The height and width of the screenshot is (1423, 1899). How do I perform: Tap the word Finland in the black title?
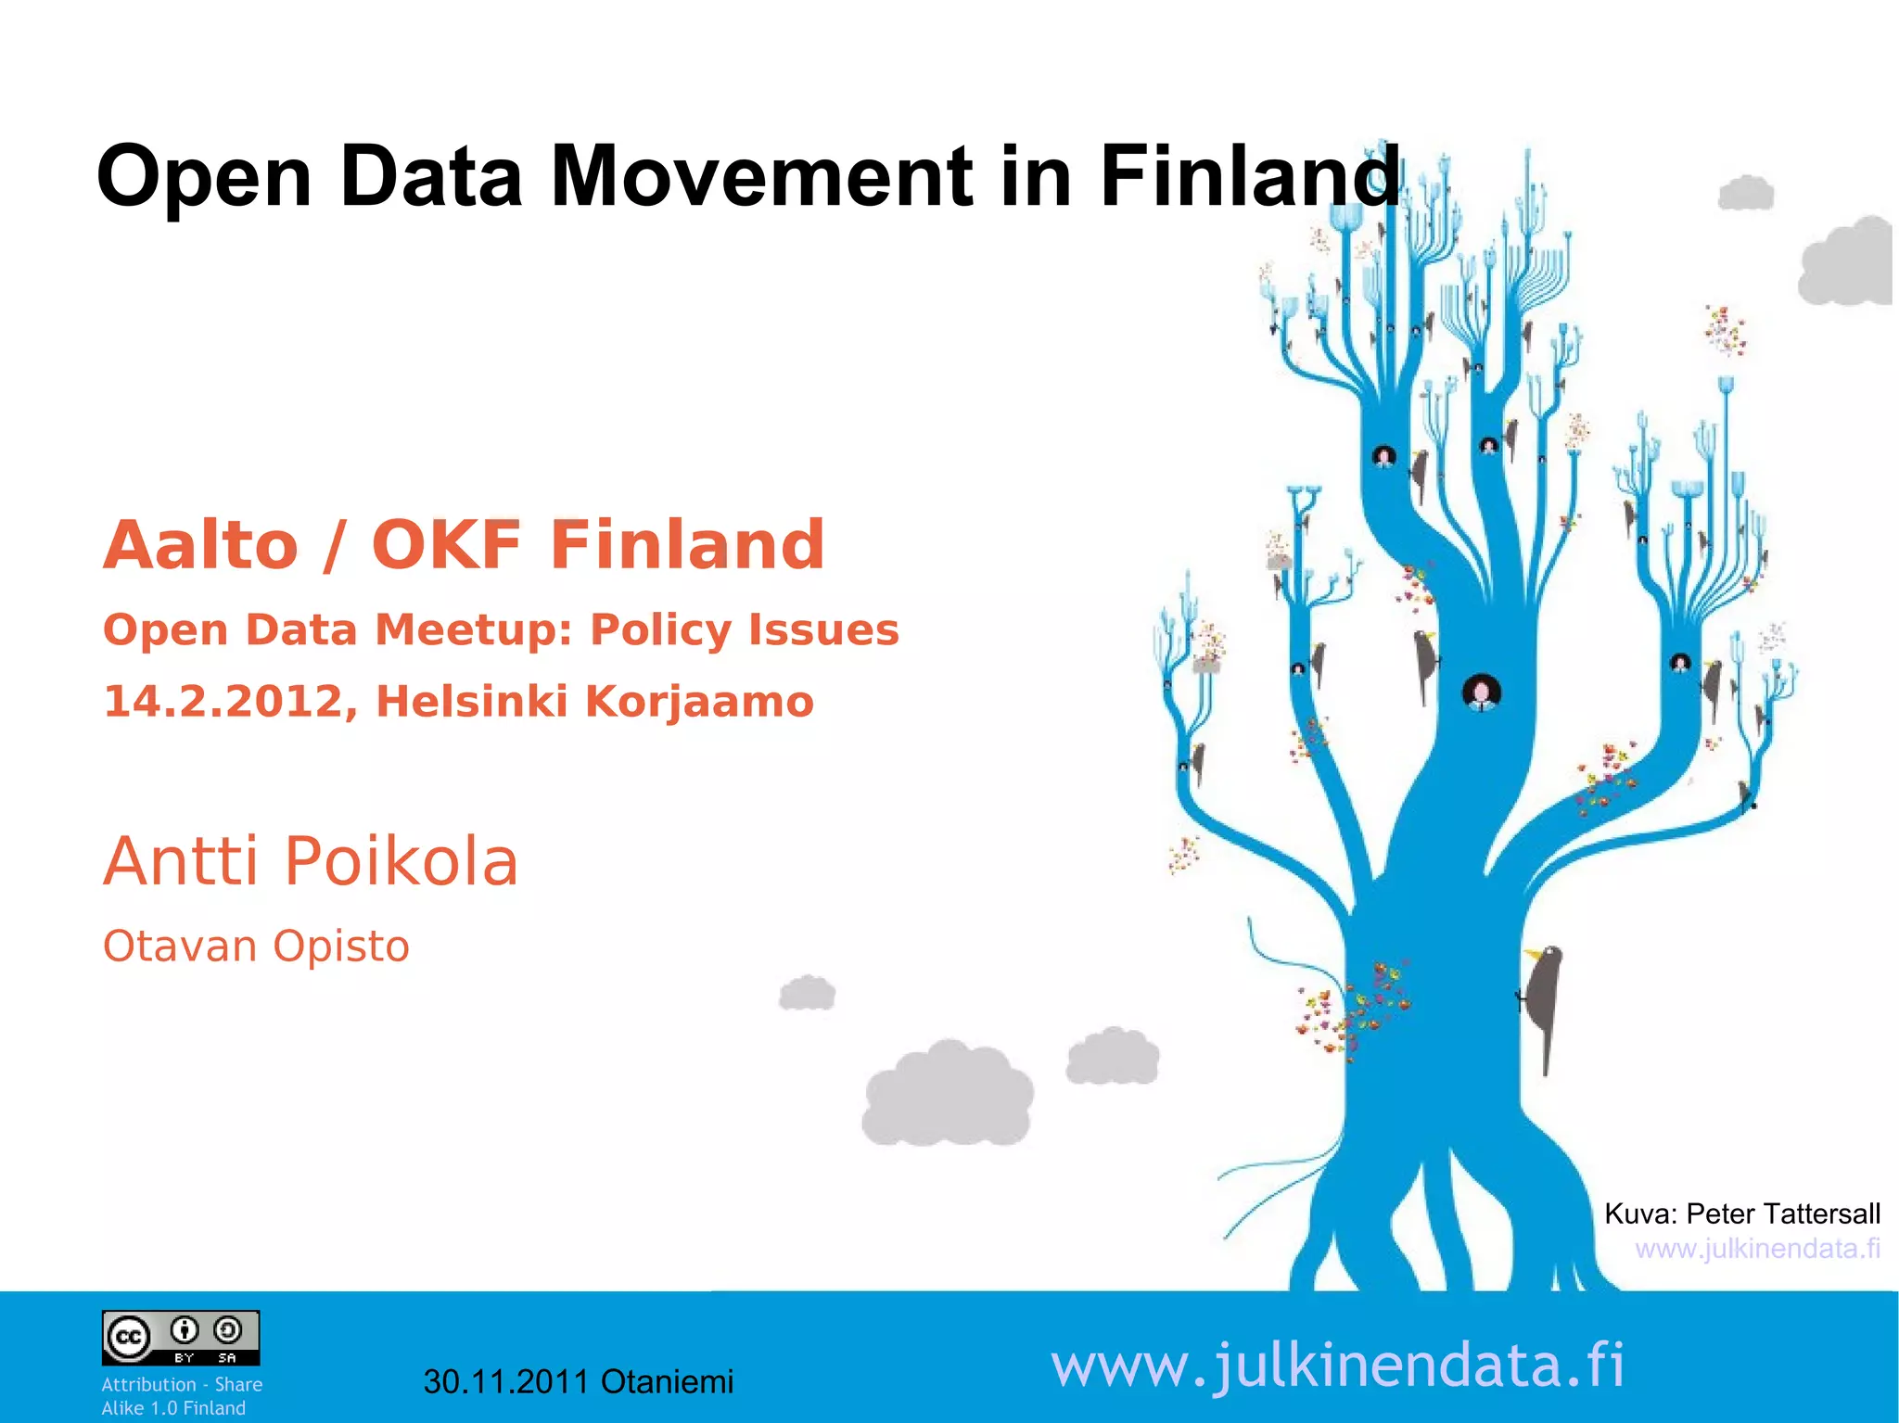pyautogui.click(x=1249, y=176)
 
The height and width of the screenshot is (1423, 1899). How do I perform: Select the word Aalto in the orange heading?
pyautogui.click(x=200, y=545)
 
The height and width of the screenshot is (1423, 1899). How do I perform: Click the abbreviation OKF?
pyautogui.click(x=446, y=545)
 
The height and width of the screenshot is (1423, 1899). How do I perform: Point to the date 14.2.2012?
pyautogui.click(x=223, y=702)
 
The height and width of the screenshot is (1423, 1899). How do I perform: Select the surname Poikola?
pyautogui.click(x=401, y=862)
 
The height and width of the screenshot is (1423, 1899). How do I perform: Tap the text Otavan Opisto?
pyautogui.click(x=256, y=947)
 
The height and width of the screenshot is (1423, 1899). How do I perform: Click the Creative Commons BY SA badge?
pyautogui.click(x=181, y=1338)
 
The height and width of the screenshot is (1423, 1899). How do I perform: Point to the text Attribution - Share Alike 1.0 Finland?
pyautogui.click(x=181, y=1396)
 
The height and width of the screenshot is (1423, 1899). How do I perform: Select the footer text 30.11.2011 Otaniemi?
pyautogui.click(x=578, y=1382)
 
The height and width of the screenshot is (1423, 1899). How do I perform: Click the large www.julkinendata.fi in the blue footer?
pyautogui.click(x=1337, y=1366)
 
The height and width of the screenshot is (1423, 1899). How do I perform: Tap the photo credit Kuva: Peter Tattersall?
pyautogui.click(x=1741, y=1213)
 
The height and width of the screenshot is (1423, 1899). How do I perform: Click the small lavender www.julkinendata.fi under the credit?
pyautogui.click(x=1757, y=1249)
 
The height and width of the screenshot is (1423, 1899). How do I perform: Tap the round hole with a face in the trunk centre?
pyautogui.click(x=1481, y=692)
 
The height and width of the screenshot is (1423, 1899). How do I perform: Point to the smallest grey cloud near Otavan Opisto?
pyautogui.click(x=808, y=994)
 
